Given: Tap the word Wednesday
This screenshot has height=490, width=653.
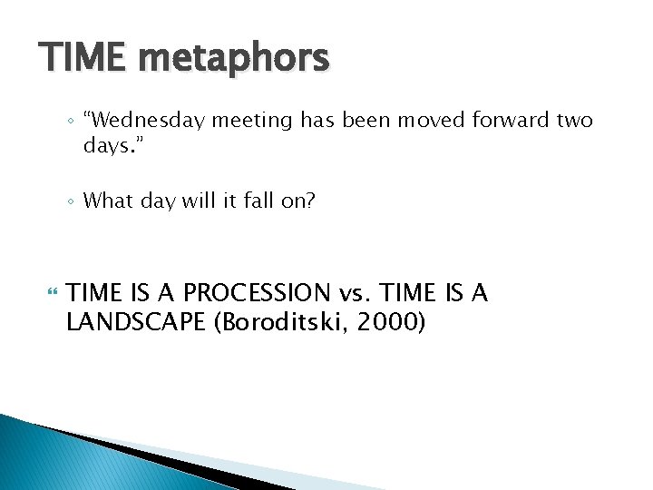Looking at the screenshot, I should [x=138, y=120].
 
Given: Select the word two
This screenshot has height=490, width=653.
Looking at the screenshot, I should [x=574, y=120].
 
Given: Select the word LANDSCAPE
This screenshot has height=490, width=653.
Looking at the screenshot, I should [x=136, y=322].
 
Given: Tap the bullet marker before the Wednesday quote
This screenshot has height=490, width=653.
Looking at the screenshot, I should [x=72, y=121].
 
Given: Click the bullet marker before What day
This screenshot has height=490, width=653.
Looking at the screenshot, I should [x=72, y=201].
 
